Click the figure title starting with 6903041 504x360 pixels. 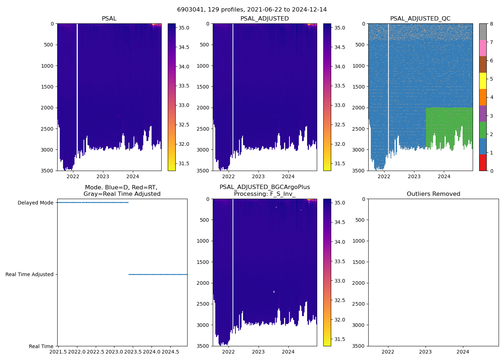252,10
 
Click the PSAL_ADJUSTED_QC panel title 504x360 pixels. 420,19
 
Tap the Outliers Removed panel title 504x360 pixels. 433,194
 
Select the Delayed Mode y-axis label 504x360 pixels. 35,203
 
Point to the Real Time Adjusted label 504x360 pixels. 30,274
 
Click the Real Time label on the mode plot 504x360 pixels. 41,346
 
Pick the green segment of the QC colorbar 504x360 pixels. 483,130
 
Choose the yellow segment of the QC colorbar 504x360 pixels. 483,81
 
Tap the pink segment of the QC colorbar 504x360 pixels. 483,48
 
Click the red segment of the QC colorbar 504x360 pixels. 483,163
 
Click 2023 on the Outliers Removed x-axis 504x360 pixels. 426,352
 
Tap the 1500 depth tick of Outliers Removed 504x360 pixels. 359,262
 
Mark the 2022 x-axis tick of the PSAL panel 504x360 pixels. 73,176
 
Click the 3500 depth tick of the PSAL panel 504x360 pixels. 48,171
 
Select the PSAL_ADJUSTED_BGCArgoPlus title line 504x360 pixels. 265,187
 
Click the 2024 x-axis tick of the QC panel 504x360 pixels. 444,176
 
